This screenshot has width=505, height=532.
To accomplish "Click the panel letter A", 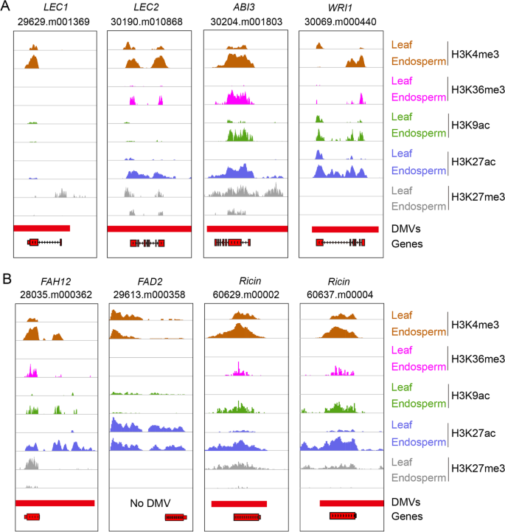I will pos(7,7).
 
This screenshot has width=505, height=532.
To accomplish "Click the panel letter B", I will pos(7,280).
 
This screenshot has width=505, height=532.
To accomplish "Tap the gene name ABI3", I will pos(245,7).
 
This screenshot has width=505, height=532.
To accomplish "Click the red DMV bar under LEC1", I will pos(42,229).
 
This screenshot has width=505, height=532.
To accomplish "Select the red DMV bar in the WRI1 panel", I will pos(344,229).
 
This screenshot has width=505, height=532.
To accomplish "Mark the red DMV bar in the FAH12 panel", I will pos(55,502).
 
